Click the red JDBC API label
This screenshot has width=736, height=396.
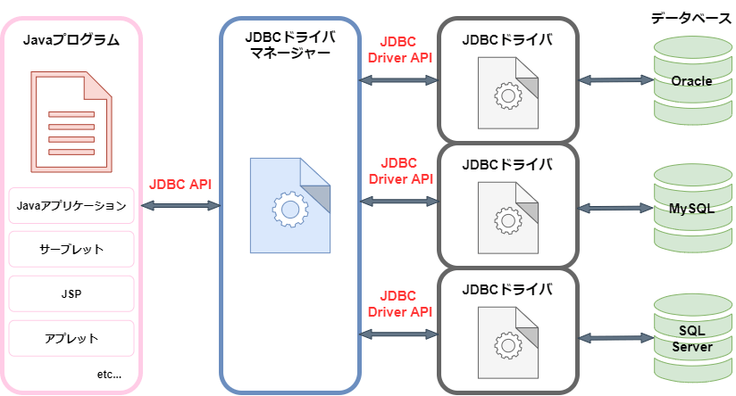(x=181, y=185)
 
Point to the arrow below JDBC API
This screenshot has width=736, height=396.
(x=181, y=206)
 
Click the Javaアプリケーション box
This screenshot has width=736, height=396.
(x=71, y=205)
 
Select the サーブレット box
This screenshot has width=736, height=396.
(x=71, y=250)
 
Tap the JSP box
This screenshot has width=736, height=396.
(x=71, y=293)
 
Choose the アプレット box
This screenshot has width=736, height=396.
(x=71, y=338)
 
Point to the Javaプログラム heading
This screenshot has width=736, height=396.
(x=71, y=41)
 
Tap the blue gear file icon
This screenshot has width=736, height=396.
(x=290, y=205)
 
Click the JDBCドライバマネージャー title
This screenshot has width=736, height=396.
(x=290, y=44)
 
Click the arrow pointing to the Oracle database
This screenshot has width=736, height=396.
(x=616, y=80)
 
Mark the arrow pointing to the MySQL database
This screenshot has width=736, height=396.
(x=616, y=209)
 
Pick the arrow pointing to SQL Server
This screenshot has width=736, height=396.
(x=616, y=337)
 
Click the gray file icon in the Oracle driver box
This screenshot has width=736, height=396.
(x=508, y=94)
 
